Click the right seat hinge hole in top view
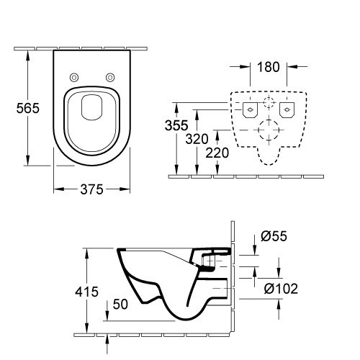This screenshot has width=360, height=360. click(x=109, y=78)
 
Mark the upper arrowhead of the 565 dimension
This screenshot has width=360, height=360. click(x=27, y=52)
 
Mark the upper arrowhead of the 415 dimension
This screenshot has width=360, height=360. click(x=86, y=251)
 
